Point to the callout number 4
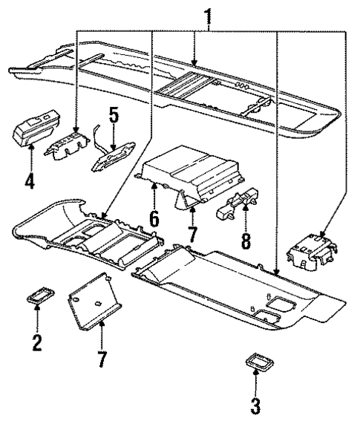coord(30,180)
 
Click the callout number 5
coord(114,117)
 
